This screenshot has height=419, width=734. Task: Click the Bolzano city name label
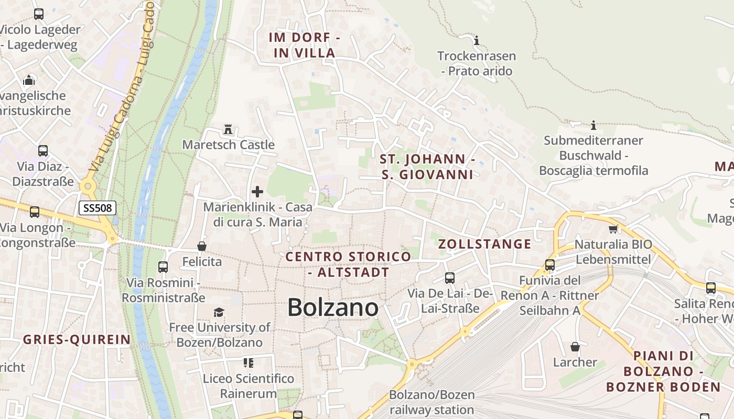tap(333, 307)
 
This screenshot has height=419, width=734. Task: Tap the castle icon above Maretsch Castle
tap(228, 129)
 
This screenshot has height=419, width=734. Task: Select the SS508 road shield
tap(98, 208)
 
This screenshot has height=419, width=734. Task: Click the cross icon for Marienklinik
tap(257, 192)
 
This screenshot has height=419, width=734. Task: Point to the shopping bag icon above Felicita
tap(202, 246)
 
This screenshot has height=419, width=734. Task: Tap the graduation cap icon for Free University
tap(219, 313)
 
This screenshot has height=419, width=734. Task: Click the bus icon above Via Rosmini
tap(163, 267)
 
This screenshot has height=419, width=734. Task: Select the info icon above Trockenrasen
tap(477, 40)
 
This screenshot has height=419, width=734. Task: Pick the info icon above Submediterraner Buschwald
tap(593, 125)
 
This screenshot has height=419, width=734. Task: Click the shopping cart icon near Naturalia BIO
tap(613, 229)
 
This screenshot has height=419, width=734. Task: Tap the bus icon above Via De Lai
tap(450, 278)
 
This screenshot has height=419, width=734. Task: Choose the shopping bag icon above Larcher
tap(575, 347)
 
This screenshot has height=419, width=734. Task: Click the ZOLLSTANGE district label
tap(484, 244)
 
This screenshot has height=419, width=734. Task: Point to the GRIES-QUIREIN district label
tap(77, 339)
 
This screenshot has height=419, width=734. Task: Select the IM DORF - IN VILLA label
tap(305, 45)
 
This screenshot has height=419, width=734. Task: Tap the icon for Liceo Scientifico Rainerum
tap(249, 362)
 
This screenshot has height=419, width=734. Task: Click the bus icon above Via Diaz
tap(43, 151)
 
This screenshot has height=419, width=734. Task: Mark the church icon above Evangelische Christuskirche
tap(29, 80)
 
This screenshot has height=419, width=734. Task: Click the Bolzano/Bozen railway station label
tap(432, 402)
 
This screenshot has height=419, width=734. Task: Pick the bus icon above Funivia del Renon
tap(550, 265)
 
